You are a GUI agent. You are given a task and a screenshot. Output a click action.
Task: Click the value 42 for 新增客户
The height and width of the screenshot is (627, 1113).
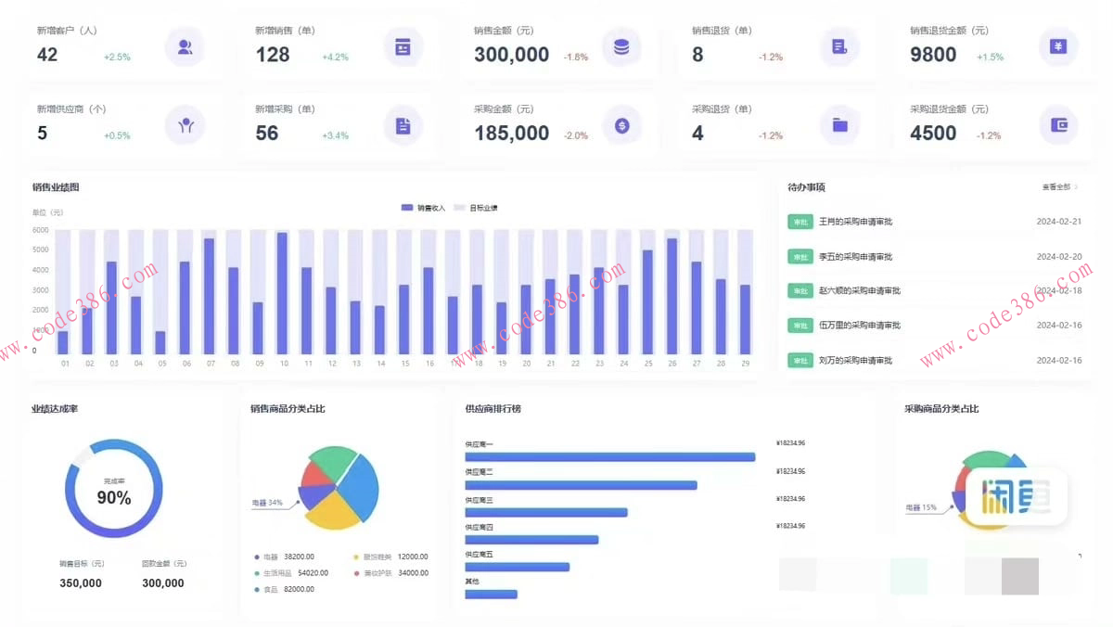[x=47, y=55]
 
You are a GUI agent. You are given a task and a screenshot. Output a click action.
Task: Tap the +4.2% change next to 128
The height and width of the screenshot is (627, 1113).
[x=335, y=58]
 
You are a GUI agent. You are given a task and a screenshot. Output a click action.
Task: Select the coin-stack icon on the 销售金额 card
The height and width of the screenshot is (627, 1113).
[x=621, y=46]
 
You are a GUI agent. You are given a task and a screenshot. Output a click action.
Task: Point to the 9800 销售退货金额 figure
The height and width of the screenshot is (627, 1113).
[x=933, y=55]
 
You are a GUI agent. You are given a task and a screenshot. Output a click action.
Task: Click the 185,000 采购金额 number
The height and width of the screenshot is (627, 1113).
[x=511, y=134]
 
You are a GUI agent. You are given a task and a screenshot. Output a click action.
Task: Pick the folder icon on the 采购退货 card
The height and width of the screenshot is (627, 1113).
[x=840, y=125]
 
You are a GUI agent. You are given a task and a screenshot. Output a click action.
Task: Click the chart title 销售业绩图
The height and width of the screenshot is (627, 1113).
[x=56, y=187]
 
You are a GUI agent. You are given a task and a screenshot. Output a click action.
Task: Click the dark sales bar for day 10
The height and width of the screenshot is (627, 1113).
[x=282, y=293]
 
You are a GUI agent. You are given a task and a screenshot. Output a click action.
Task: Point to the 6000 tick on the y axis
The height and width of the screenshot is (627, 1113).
[x=40, y=230]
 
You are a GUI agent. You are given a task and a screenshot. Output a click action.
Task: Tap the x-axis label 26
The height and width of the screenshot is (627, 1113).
[x=672, y=364]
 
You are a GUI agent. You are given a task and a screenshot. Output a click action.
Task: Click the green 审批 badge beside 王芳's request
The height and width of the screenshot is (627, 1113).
[x=800, y=222]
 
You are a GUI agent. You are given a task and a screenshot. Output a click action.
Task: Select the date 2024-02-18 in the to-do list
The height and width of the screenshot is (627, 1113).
[x=1059, y=291]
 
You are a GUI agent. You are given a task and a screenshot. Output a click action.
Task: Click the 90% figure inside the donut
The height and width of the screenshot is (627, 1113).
[x=114, y=498]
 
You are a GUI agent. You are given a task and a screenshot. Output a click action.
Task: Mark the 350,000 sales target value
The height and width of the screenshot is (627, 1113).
[x=81, y=583]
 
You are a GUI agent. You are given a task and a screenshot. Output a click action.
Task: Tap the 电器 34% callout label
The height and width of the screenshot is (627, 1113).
[x=267, y=503]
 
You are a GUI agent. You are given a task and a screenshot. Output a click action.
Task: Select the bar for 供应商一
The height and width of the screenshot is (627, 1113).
[x=609, y=456]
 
